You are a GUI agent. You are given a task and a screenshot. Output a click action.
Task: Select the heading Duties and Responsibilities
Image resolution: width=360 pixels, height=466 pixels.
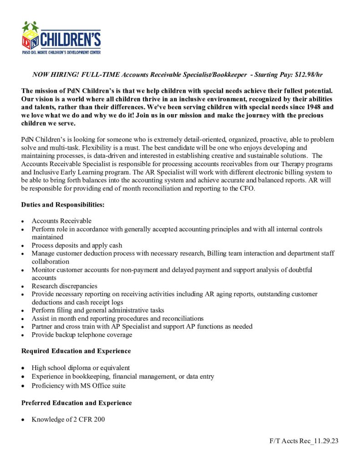click(63, 205)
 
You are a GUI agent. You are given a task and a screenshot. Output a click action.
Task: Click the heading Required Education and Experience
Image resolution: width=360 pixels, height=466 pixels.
click(76, 351)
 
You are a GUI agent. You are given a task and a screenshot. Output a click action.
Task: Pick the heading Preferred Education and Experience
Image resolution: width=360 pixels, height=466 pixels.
click(76, 403)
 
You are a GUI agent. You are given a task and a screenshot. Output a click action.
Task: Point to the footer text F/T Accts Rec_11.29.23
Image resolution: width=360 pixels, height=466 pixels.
click(304, 441)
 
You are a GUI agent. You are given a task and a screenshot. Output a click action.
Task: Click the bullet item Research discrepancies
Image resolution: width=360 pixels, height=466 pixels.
click(64, 286)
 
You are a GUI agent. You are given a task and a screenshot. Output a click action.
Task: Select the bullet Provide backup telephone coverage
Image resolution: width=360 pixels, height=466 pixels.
click(82, 335)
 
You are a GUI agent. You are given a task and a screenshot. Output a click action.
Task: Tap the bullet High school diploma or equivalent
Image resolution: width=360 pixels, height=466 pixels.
click(81, 368)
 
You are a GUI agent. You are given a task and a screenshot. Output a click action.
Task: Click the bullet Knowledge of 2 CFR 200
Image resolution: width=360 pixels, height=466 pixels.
click(68, 420)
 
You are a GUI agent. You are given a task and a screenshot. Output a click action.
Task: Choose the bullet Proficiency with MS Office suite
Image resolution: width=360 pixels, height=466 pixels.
click(78, 385)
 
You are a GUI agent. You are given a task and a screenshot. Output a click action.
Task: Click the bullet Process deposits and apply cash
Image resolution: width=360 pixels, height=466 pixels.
click(76, 245)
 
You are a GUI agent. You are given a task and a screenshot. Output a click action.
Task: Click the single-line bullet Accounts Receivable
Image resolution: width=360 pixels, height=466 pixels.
click(61, 221)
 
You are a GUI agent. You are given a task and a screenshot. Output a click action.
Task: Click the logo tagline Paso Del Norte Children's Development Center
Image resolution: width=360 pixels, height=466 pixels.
click(61, 52)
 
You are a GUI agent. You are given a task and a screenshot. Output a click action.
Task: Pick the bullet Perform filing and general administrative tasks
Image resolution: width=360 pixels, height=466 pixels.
click(98, 310)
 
